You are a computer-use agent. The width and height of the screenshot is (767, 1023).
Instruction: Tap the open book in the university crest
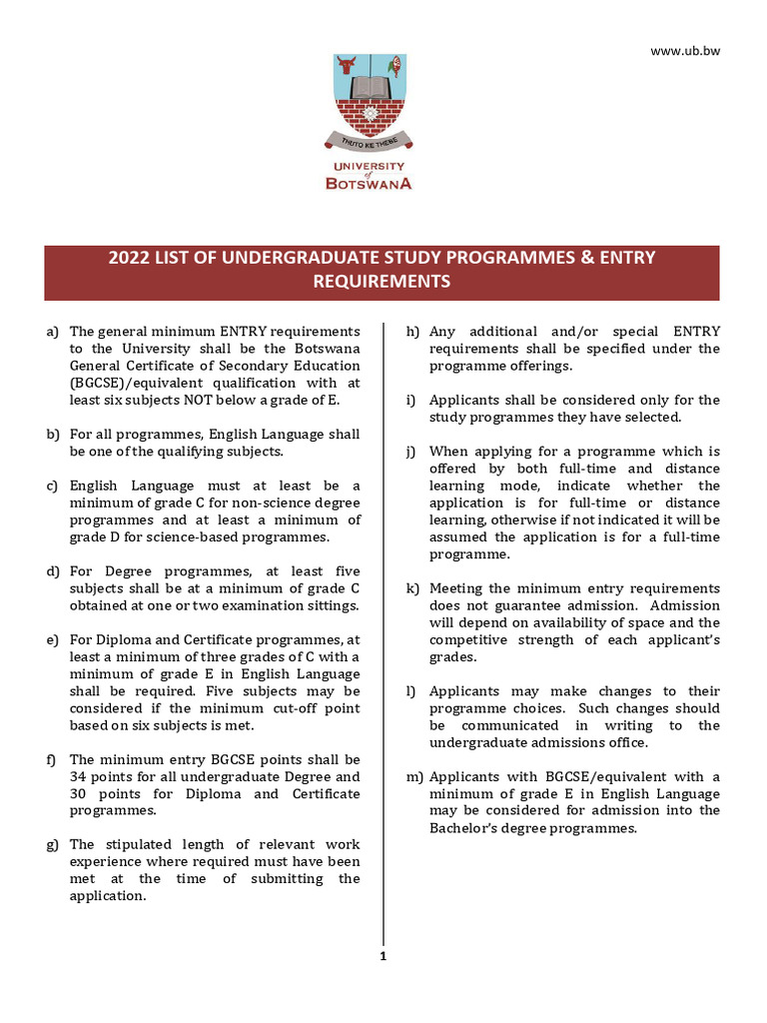(x=369, y=86)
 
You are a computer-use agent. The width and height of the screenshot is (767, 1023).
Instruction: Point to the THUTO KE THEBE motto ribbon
(x=369, y=142)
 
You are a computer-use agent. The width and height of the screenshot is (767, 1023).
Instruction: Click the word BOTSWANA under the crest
(x=369, y=183)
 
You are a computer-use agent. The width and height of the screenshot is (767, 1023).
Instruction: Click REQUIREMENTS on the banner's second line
(x=382, y=282)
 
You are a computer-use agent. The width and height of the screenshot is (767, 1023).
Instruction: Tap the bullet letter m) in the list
(x=411, y=777)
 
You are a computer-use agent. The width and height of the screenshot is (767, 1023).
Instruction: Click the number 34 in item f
(x=79, y=777)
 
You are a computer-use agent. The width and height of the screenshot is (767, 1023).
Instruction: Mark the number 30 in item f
(x=79, y=794)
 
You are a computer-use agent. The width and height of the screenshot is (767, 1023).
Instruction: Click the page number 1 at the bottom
(x=383, y=956)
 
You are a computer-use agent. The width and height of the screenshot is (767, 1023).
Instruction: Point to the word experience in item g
(x=105, y=862)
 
